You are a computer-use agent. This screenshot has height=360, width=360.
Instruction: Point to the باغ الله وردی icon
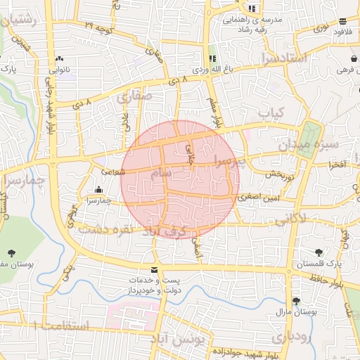pyautogui.click(x=212, y=58)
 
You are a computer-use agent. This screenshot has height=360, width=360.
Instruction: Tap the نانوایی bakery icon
pyautogui.click(x=58, y=59)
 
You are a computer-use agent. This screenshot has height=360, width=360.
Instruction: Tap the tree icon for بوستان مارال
pyautogui.click(x=306, y=300)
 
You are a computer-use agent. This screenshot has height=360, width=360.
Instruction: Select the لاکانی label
pyautogui.click(x=290, y=220)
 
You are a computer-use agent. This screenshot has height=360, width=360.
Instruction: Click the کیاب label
pyautogui.click(x=270, y=112)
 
